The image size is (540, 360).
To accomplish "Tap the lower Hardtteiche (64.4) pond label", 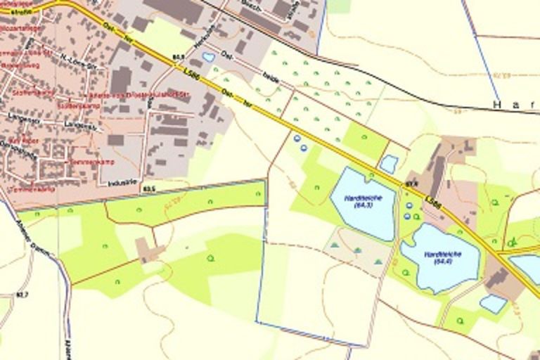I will pos(441,257).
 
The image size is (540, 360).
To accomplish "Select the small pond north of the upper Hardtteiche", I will pos(388,164).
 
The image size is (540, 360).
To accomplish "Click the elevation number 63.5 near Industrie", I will pos(148,188).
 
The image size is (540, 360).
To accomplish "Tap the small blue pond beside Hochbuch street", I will pos(208,57).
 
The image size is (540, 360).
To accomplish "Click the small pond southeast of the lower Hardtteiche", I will pos(493,304).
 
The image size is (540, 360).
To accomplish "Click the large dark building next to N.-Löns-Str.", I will pos(120,80).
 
